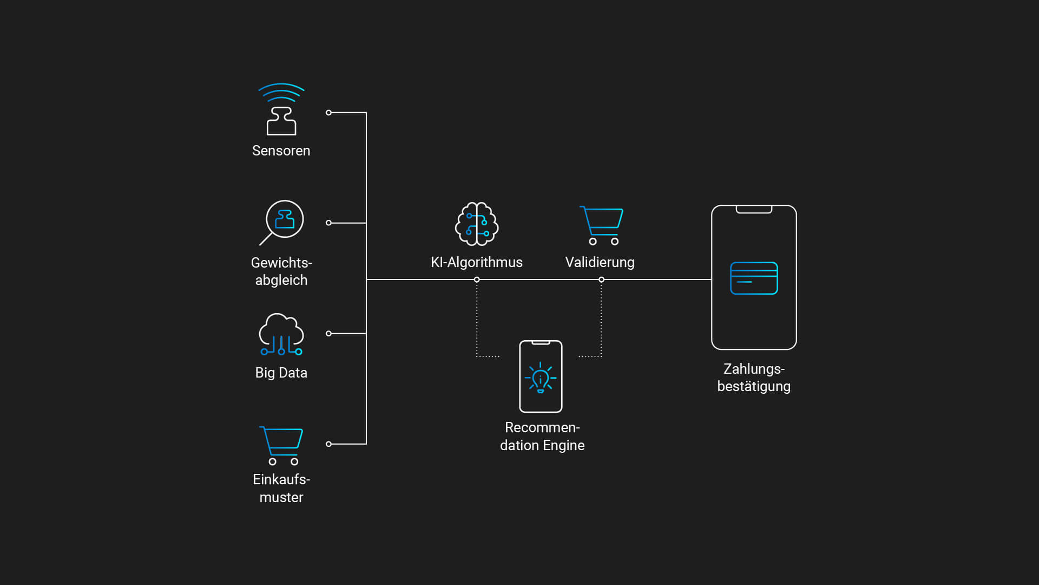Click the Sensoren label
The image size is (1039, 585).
pos(281,151)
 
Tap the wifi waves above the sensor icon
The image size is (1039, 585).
pos(281,92)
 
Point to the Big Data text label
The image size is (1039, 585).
pos(281,373)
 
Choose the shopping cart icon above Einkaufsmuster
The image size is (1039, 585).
pos(281,445)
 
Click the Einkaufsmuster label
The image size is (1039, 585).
pos(281,488)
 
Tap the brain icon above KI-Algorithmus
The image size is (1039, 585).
pos(476,224)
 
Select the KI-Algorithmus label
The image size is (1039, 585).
pos(476,262)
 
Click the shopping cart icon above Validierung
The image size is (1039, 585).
pos(601,225)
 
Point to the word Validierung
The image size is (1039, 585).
pos(600,262)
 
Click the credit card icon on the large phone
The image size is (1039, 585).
pos(754,278)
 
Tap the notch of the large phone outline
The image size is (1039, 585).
pos(754,210)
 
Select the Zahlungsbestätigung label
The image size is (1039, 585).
pos(754,378)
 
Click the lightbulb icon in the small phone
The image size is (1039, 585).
pos(541,378)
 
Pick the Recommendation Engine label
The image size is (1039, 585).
pos(542,436)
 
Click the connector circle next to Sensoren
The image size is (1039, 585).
pos(328,113)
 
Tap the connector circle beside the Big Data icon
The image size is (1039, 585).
pos(328,334)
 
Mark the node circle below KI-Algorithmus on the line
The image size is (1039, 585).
pos(477,279)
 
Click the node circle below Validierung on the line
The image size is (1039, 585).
pos(601,279)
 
